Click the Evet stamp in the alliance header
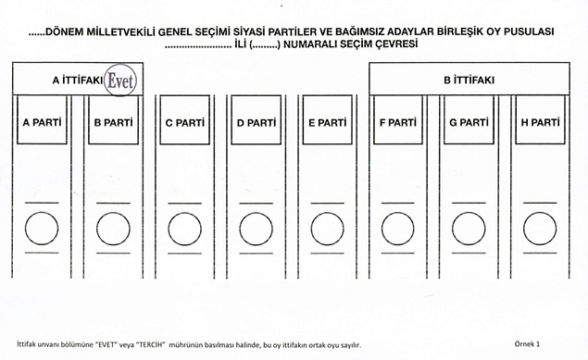tap(120, 80)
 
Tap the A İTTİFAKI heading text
tap(78, 81)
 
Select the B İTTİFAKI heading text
tap(469, 80)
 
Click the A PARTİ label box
tap(42, 120)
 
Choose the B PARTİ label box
tap(113, 120)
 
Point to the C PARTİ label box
tap(185, 120)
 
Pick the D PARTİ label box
tap(256, 120)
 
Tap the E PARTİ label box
tap(328, 120)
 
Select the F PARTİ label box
tap(398, 120)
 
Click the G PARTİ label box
tap(469, 120)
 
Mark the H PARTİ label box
tap(540, 120)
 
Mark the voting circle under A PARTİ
tap(42, 213)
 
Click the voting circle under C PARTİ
tap(184, 213)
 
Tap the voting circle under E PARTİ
tap(327, 213)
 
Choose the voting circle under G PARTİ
tap(469, 213)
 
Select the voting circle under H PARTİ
tap(540, 213)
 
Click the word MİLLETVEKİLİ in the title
tap(120, 32)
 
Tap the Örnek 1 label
tap(527, 344)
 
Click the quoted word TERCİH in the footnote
tap(152, 344)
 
